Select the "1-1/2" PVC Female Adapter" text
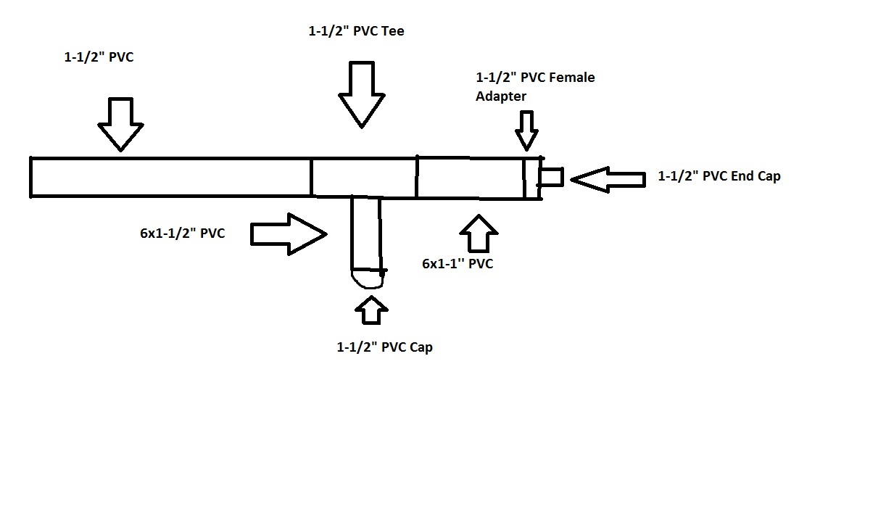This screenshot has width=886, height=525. [x=534, y=86]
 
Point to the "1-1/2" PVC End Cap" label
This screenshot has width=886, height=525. [x=719, y=176]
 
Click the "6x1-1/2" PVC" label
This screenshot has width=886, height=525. [x=182, y=233]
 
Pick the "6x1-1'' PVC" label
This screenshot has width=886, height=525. [x=458, y=264]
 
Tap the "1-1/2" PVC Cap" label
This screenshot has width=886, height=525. [x=384, y=347]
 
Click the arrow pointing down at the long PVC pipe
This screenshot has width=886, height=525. [x=120, y=123]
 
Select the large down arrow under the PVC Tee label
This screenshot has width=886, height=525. [x=362, y=94]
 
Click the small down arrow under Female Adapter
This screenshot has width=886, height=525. [x=527, y=131]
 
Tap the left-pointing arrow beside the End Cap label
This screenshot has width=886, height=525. [x=608, y=179]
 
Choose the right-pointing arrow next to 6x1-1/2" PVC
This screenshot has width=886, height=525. [x=289, y=233]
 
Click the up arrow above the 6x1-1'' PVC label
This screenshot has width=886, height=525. [x=479, y=233]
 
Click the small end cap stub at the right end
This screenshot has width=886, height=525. [x=552, y=177]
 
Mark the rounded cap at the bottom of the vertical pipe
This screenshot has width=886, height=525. [x=368, y=278]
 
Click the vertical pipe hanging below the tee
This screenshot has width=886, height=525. [x=366, y=232]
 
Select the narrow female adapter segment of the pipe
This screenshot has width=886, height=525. [x=532, y=178]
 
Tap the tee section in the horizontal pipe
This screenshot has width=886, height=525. [x=364, y=177]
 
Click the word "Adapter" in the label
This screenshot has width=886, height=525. [x=501, y=96]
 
